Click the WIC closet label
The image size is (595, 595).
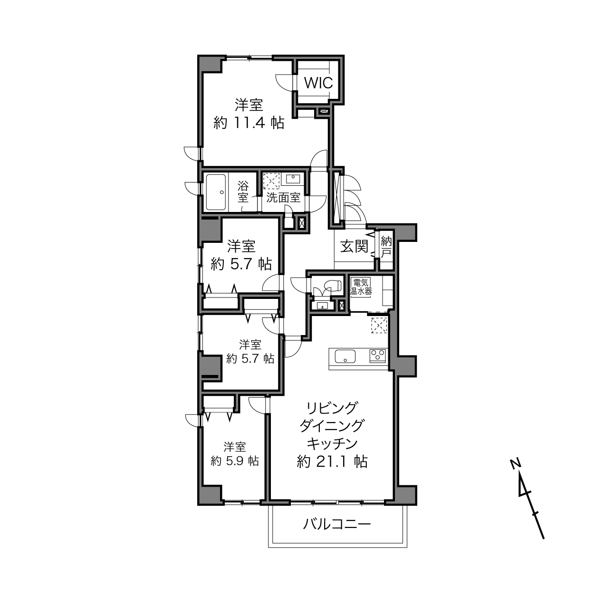318,83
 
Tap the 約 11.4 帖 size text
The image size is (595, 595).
249,123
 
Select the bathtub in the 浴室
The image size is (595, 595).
216,192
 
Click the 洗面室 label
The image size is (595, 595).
283,198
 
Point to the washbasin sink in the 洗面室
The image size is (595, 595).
292,179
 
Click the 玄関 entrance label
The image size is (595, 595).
354,246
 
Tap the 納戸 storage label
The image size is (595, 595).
386,247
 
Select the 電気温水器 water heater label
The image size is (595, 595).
361,287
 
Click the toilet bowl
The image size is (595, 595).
335,284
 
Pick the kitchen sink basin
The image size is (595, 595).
345,356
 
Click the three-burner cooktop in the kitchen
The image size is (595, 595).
378,355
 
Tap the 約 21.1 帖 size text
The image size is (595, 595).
332,470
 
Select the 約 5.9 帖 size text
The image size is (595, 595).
235,461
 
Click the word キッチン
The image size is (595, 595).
332,444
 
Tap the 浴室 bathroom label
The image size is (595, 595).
243,192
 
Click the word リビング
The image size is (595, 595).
332,408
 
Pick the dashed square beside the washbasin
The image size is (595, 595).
271,181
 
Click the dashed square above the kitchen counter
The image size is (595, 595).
379,326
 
